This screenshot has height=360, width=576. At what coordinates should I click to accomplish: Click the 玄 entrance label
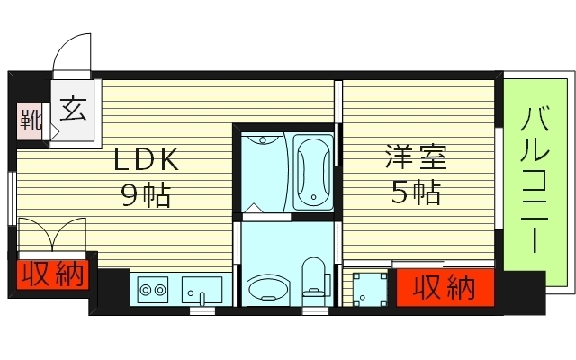[74, 112]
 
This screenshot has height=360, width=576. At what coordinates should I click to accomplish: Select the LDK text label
[147, 160]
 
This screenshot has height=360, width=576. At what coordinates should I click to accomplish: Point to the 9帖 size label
[147, 193]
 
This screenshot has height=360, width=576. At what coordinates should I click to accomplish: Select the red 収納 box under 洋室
[445, 287]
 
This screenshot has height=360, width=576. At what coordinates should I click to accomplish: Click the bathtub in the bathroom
[312, 171]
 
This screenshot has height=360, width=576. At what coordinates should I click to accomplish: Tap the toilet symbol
[314, 279]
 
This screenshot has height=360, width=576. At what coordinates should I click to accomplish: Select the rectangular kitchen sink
[202, 290]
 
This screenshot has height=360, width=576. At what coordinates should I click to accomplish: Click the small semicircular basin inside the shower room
[262, 139]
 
